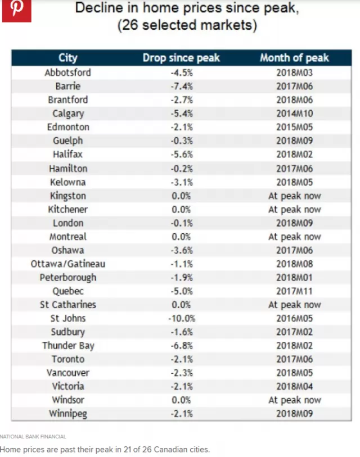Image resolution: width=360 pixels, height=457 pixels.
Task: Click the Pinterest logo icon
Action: (x=17, y=11)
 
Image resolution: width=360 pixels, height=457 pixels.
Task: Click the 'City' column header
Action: (x=68, y=58)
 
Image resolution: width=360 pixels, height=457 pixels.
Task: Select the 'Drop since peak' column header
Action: (x=181, y=58)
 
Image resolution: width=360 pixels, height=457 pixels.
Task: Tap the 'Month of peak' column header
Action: (x=294, y=58)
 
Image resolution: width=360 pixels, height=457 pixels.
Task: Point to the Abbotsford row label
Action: (x=67, y=73)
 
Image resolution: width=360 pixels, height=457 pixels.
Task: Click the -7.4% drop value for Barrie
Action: (x=182, y=86)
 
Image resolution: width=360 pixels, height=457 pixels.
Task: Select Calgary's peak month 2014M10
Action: (x=295, y=114)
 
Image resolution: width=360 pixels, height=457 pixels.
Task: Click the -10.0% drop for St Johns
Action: (x=182, y=318)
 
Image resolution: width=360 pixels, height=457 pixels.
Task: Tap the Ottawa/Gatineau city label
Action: (x=68, y=264)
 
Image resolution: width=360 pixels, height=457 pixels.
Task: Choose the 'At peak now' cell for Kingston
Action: (x=295, y=196)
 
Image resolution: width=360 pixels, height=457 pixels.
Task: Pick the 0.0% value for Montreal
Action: (x=181, y=237)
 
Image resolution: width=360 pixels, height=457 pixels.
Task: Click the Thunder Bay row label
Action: (x=68, y=346)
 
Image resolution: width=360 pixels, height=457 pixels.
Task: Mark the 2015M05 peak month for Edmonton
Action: (x=295, y=127)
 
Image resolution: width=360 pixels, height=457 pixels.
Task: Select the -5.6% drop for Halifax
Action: (x=182, y=154)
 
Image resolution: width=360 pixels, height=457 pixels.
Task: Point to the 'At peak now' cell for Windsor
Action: (x=295, y=400)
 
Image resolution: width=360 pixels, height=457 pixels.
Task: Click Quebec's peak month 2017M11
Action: (x=295, y=291)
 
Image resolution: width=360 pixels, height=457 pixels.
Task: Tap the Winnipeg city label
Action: (x=68, y=414)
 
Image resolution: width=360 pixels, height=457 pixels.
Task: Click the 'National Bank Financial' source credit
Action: (x=33, y=437)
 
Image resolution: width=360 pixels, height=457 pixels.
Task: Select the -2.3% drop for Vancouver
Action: (x=182, y=373)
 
